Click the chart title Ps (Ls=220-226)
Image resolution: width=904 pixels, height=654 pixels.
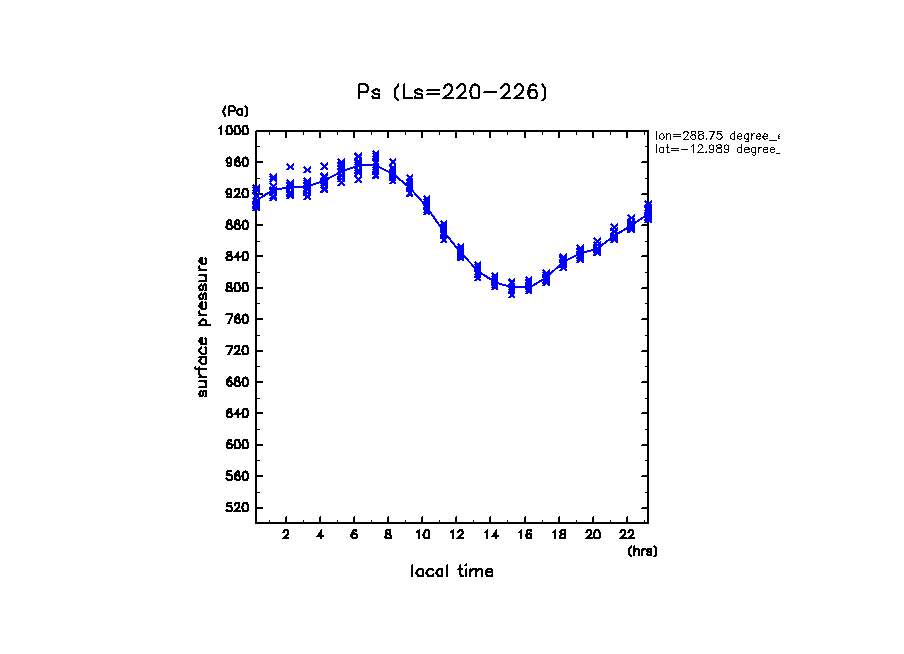point(452,92)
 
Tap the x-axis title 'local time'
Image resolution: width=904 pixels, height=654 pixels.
point(452,572)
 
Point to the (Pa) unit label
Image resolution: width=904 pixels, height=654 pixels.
point(235,111)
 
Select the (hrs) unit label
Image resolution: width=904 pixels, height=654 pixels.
point(642,551)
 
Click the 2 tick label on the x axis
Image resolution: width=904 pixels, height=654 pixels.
point(286,534)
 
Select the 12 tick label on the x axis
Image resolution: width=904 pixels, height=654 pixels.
point(457,534)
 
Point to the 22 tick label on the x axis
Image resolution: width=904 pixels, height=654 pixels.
point(627,534)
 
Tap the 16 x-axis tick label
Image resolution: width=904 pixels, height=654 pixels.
point(525,534)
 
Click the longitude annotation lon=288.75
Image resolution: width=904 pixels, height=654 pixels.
point(716,135)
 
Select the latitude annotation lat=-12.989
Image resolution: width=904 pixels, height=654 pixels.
point(716,149)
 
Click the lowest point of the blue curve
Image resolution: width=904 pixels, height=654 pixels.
point(512,288)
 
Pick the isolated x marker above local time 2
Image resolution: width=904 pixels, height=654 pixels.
point(290,167)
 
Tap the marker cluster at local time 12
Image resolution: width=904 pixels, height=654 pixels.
point(460,252)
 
